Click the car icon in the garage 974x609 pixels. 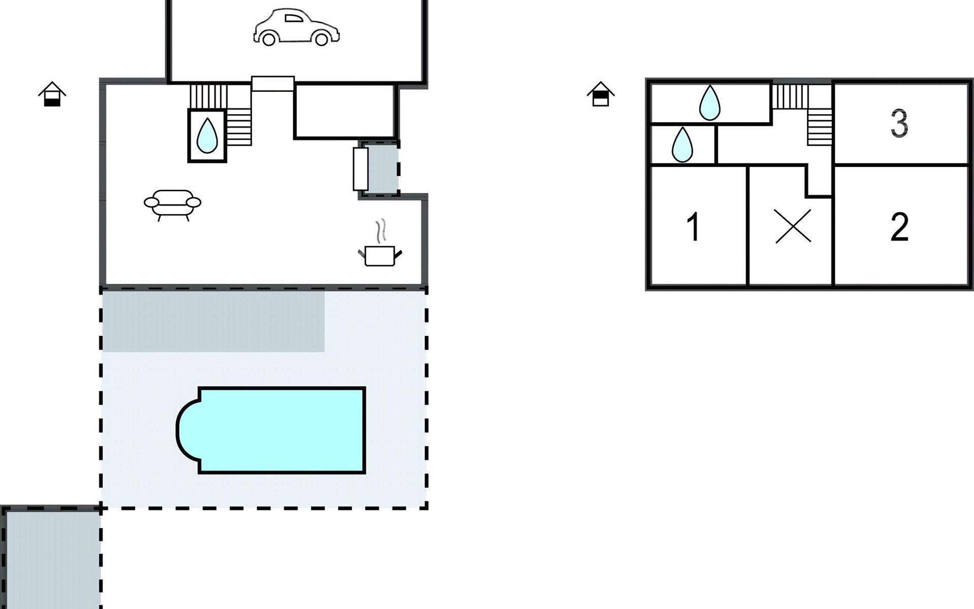[296, 27]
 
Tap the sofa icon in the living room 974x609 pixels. [172, 204]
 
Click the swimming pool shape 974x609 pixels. [276, 430]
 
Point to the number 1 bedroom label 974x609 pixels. [693, 227]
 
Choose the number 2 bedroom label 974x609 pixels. [899, 227]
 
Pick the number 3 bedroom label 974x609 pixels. [899, 123]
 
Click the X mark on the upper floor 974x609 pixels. [793, 226]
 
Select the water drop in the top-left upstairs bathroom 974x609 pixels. [709, 103]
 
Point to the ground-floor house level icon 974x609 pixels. [52, 94]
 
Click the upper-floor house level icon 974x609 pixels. [601, 94]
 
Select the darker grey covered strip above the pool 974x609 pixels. [213, 321]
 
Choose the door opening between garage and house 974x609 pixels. [273, 84]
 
